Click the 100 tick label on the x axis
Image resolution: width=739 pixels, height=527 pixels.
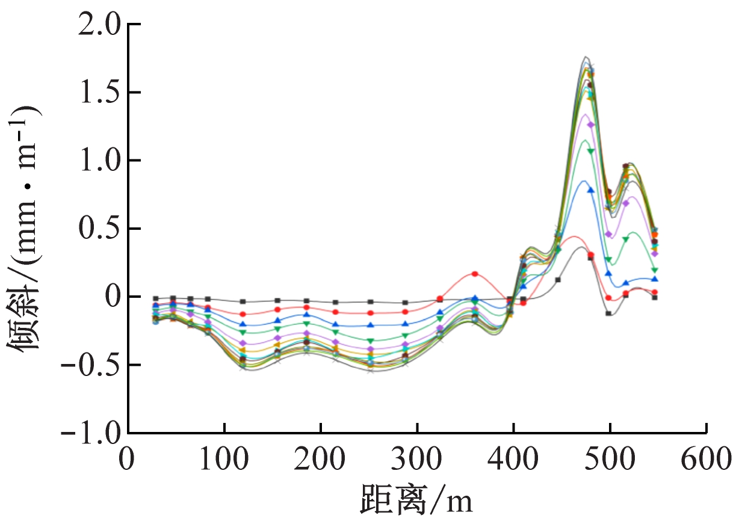coord(224,460)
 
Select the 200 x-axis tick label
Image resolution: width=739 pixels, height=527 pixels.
coord(320,460)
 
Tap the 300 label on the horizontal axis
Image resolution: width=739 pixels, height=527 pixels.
coord(416,460)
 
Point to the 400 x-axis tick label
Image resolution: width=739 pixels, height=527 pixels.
coord(513,460)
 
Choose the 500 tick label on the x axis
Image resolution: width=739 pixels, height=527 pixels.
coord(609,460)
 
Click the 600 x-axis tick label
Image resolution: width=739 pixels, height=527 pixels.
coord(705,460)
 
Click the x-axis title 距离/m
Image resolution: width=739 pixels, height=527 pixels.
coord(416,500)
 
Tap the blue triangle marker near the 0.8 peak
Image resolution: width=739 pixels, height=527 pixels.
coord(590,190)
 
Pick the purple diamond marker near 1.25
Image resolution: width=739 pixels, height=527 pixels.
coord(590,125)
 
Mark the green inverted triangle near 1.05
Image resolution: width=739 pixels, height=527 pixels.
coord(590,151)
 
